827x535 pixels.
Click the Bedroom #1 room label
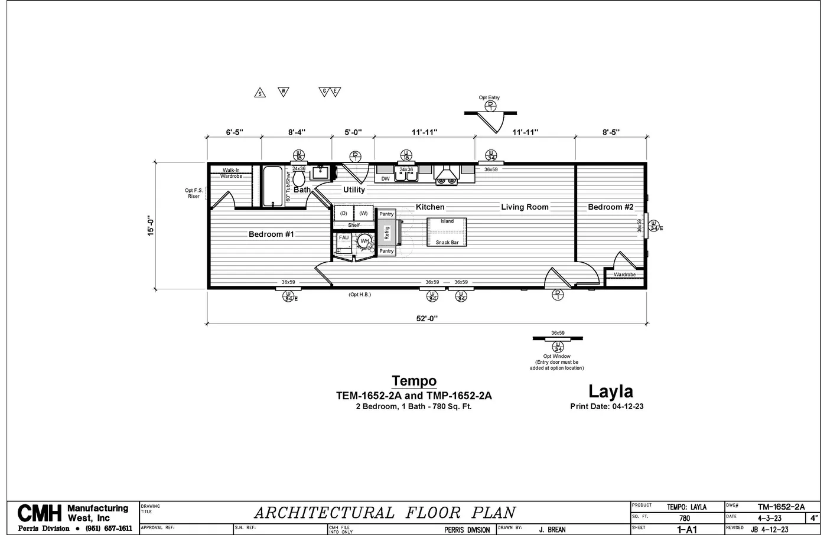click(271, 234)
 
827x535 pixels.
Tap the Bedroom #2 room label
click(610, 207)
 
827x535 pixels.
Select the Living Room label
click(525, 207)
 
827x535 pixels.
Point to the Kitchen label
click(430, 207)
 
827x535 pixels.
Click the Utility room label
click(354, 190)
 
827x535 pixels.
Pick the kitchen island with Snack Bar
click(447, 232)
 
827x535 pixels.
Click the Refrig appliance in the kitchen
click(387, 233)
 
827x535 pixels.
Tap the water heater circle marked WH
click(364, 242)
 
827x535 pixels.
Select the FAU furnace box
click(343, 238)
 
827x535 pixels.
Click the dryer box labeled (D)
click(343, 213)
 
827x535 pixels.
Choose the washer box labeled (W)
click(363, 213)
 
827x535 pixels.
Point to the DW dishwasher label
click(385, 178)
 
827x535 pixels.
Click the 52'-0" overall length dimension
click(426, 318)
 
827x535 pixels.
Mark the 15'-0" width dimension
click(151, 226)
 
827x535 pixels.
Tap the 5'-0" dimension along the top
click(353, 132)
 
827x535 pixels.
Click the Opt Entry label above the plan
click(489, 97)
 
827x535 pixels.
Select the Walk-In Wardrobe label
click(231, 173)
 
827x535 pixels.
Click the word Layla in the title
click(610, 391)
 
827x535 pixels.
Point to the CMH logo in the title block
click(40, 513)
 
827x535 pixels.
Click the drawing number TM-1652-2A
click(781, 507)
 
